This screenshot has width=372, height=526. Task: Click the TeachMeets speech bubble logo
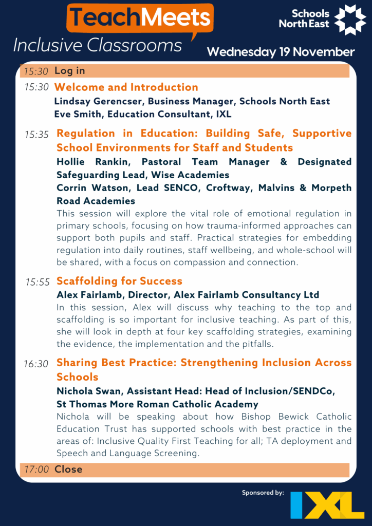pyautogui.click(x=140, y=20)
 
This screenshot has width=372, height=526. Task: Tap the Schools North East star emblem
pyautogui.click(x=350, y=20)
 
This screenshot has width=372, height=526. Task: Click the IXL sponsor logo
pyautogui.click(x=327, y=505)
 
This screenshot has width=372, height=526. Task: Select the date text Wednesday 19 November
pyautogui.click(x=281, y=52)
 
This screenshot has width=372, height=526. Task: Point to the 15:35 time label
pyautogui.click(x=36, y=135)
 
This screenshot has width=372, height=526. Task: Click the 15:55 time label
pyautogui.click(x=36, y=282)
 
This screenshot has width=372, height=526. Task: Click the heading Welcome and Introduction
pyautogui.click(x=126, y=87)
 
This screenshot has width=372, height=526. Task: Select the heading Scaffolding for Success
pyautogui.click(x=119, y=281)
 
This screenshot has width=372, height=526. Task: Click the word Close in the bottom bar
pyautogui.click(x=68, y=469)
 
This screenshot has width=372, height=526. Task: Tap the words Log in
pyautogui.click(x=70, y=71)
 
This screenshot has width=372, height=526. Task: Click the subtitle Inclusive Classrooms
pyautogui.click(x=98, y=46)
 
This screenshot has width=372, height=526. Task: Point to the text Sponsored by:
pyautogui.click(x=263, y=493)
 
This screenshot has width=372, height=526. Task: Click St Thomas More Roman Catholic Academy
pyautogui.click(x=157, y=404)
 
